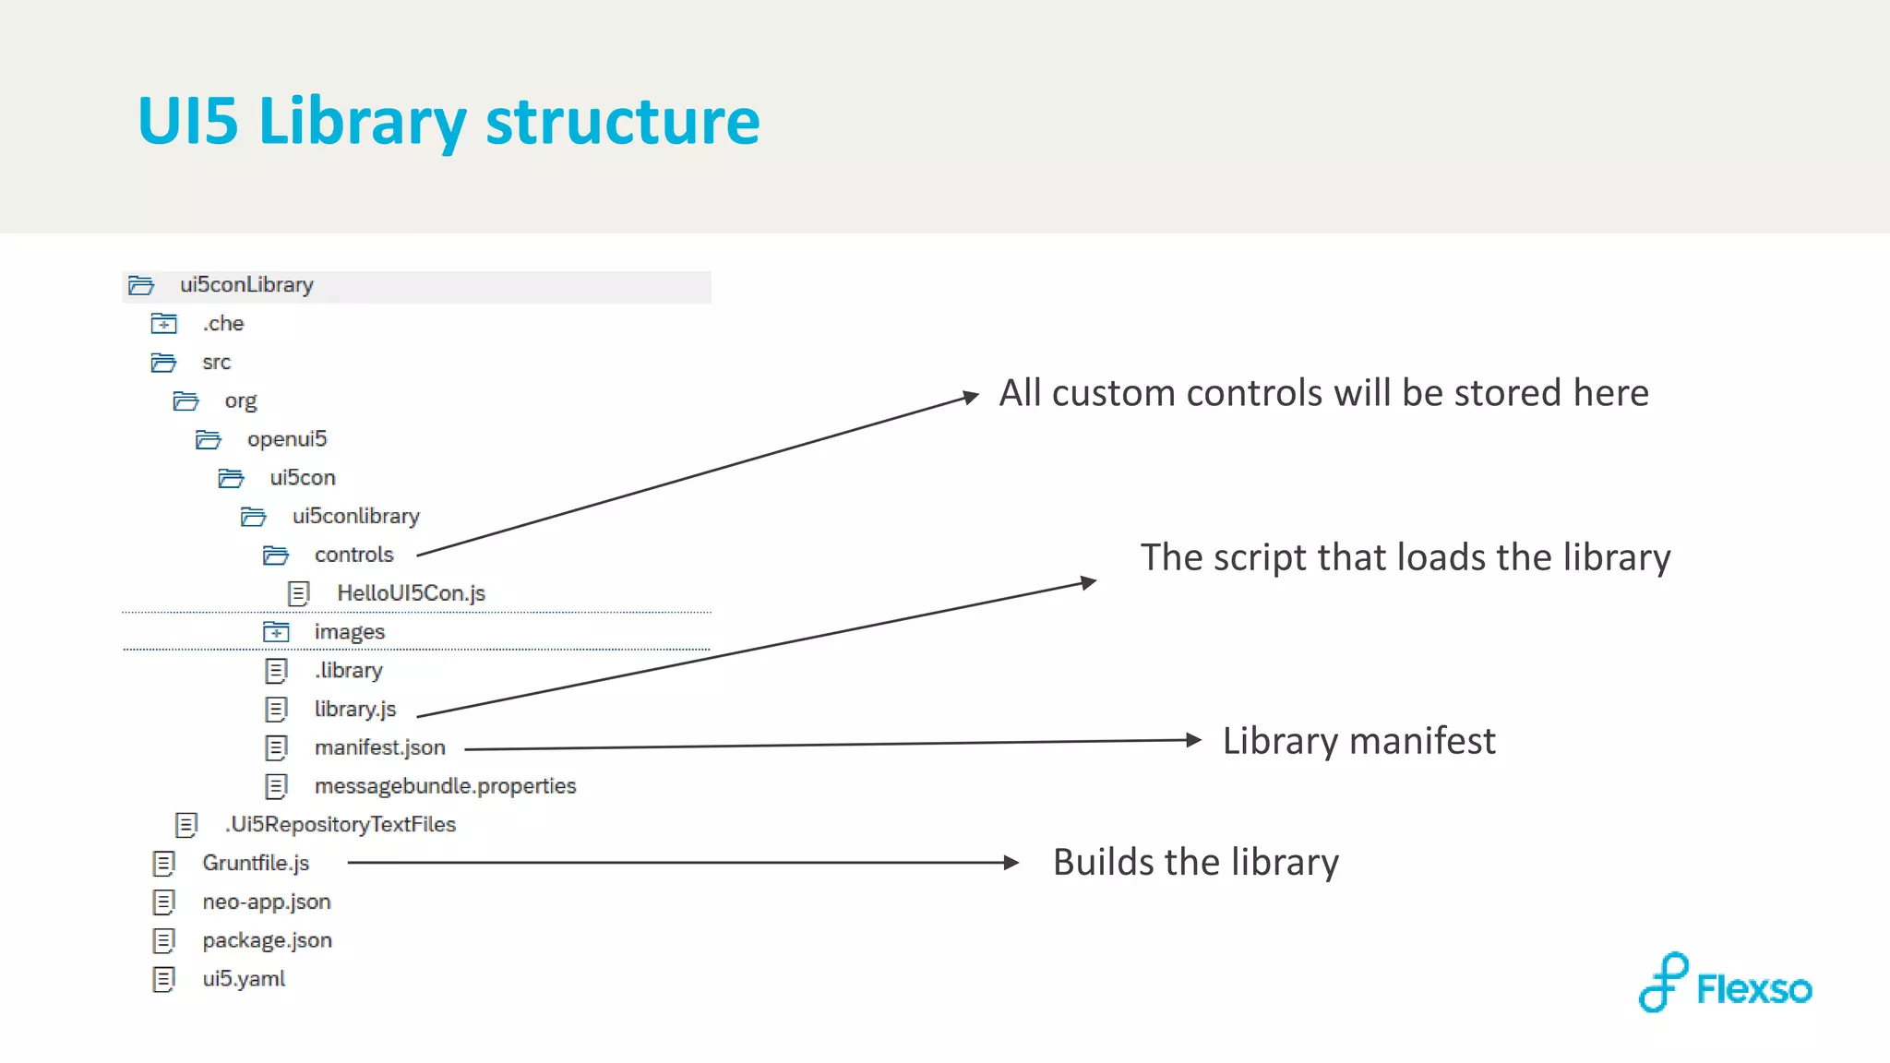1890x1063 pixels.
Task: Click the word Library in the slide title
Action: click(362, 122)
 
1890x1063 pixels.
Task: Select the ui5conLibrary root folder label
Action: click(246, 285)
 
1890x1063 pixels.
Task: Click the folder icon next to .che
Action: click(164, 324)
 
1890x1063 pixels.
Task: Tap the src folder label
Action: click(216, 363)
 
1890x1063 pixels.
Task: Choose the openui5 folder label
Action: click(287, 439)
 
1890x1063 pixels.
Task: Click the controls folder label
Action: click(353, 555)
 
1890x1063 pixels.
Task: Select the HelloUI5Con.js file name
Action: click(411, 593)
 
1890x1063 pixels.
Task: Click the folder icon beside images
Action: click(276, 632)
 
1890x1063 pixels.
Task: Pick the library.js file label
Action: click(354, 709)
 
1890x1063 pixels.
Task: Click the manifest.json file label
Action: click(379, 747)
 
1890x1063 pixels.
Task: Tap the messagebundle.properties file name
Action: click(445, 786)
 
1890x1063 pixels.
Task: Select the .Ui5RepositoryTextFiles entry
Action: click(341, 825)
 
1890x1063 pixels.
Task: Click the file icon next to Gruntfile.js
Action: click(164, 864)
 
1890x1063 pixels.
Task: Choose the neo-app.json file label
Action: click(266, 902)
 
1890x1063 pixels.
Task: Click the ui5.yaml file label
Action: click(244, 979)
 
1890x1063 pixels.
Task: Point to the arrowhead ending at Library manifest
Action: click(1193, 740)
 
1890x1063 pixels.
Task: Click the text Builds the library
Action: click(1195, 863)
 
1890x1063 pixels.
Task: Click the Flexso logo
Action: click(1724, 984)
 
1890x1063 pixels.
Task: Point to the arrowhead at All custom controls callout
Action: click(970, 398)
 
